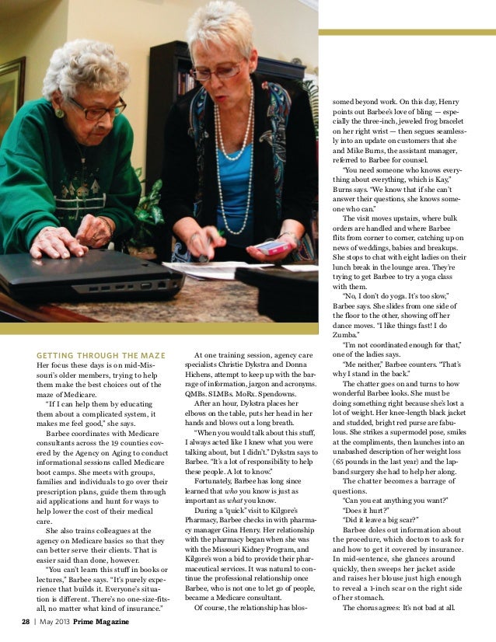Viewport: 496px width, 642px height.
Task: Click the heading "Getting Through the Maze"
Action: click(x=101, y=356)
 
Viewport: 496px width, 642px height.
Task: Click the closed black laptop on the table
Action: click(x=93, y=276)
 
